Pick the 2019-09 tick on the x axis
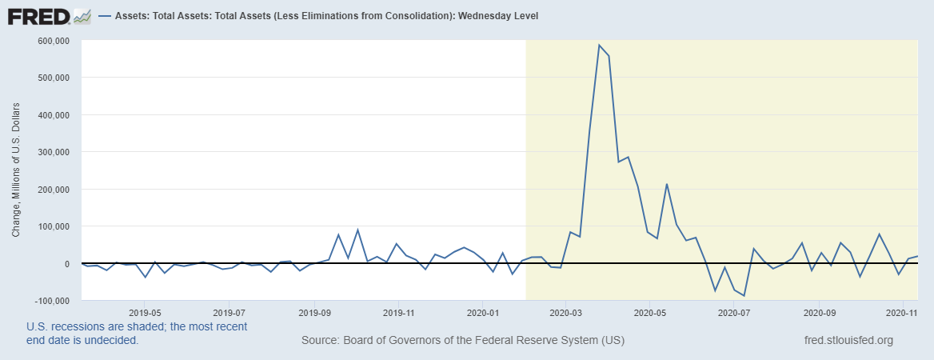[x=314, y=314]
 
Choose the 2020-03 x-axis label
[x=566, y=314]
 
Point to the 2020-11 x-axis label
[x=902, y=314]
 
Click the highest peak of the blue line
[x=599, y=45]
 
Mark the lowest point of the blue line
[x=744, y=296]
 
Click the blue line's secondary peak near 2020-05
[x=667, y=185]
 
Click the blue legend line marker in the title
[x=106, y=16]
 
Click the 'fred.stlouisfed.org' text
[x=848, y=341]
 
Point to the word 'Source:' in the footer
[x=320, y=341]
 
